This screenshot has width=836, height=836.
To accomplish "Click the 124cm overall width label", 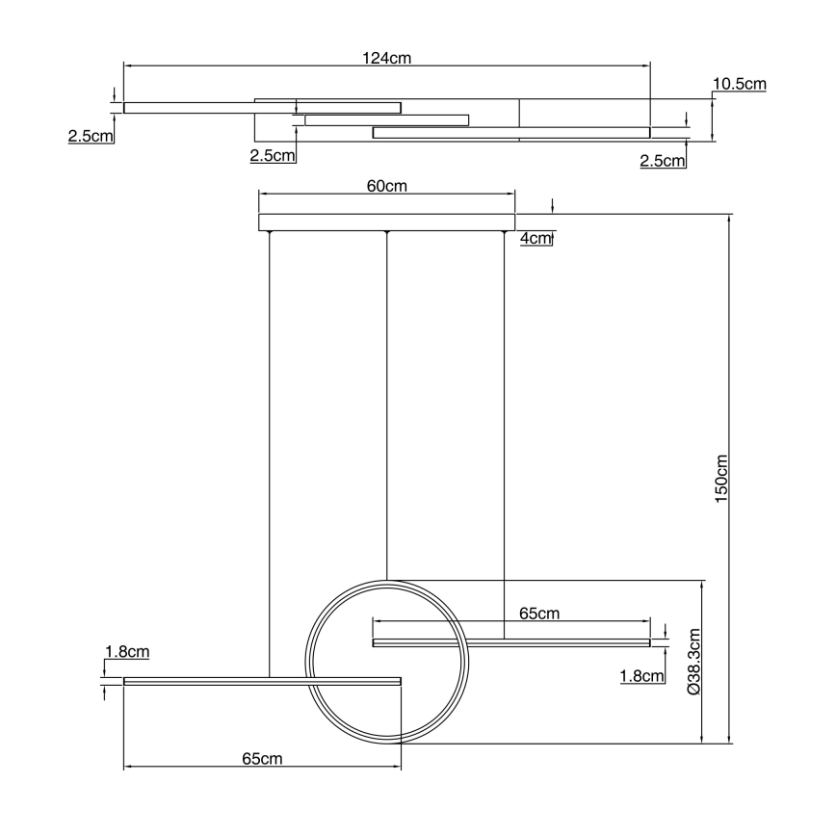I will [386, 58].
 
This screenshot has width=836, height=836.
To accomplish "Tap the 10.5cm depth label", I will [739, 84].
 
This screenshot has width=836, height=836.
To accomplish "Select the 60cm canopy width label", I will [386, 186].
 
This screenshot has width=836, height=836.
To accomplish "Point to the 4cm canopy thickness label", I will [536, 239].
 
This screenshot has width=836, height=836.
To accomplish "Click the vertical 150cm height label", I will [722, 479].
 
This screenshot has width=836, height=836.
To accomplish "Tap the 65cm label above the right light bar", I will [538, 614].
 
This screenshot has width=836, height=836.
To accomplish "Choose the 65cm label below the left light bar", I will [262, 759].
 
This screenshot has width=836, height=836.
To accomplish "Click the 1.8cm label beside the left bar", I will [127, 652].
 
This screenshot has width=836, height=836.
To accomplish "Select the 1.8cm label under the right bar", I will [642, 677].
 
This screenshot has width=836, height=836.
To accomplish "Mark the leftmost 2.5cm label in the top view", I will [91, 137].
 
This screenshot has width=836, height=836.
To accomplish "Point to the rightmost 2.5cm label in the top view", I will [663, 161].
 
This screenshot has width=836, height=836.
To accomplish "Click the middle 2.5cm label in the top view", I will [273, 155].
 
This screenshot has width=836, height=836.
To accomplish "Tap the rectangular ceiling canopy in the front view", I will [386, 222].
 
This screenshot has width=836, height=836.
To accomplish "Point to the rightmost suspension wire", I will [504, 433].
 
